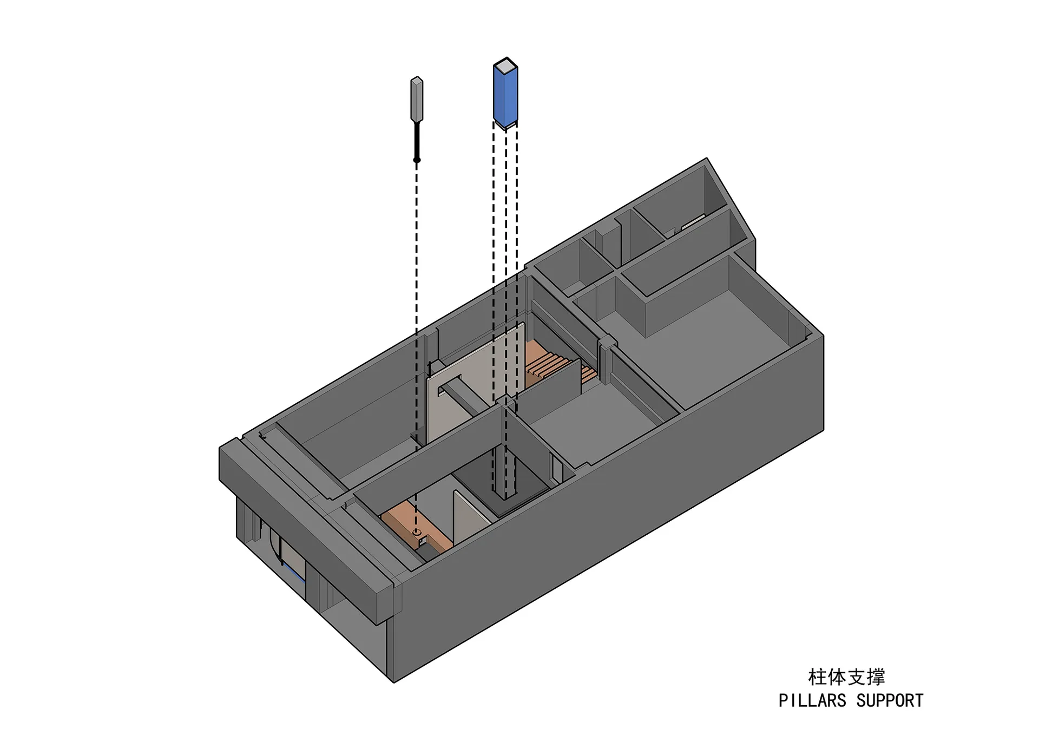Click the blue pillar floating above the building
click(x=505, y=95)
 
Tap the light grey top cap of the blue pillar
click(x=505, y=66)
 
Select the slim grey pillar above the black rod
click(x=417, y=99)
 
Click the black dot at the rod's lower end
click(x=417, y=160)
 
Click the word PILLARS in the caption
click(x=812, y=700)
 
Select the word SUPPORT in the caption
click(x=890, y=700)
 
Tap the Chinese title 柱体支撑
click(x=846, y=677)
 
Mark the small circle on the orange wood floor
click(x=416, y=533)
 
